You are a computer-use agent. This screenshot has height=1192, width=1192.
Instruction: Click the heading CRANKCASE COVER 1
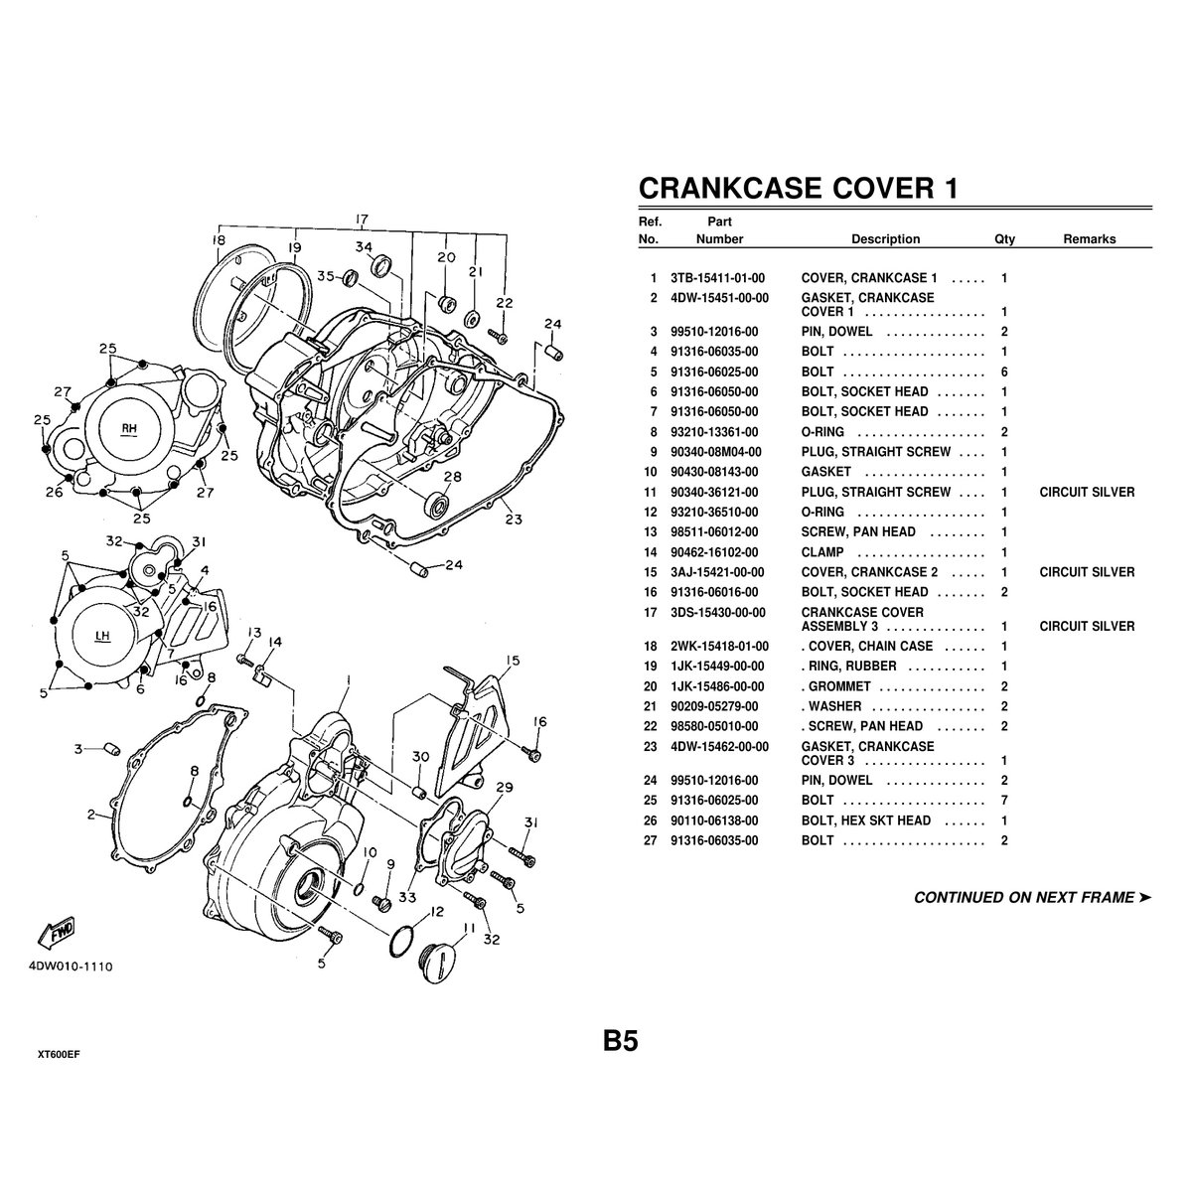797,188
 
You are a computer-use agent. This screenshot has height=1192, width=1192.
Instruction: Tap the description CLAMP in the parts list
822,552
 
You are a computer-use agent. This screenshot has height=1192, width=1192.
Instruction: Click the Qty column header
1004,239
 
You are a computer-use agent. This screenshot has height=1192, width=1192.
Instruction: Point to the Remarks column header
1089,239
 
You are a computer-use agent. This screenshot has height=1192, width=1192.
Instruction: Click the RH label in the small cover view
128,429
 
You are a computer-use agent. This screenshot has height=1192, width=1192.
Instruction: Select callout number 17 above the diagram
362,220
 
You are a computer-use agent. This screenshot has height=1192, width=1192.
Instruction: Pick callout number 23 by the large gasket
513,518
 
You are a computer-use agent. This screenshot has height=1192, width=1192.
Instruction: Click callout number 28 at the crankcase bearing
452,478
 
